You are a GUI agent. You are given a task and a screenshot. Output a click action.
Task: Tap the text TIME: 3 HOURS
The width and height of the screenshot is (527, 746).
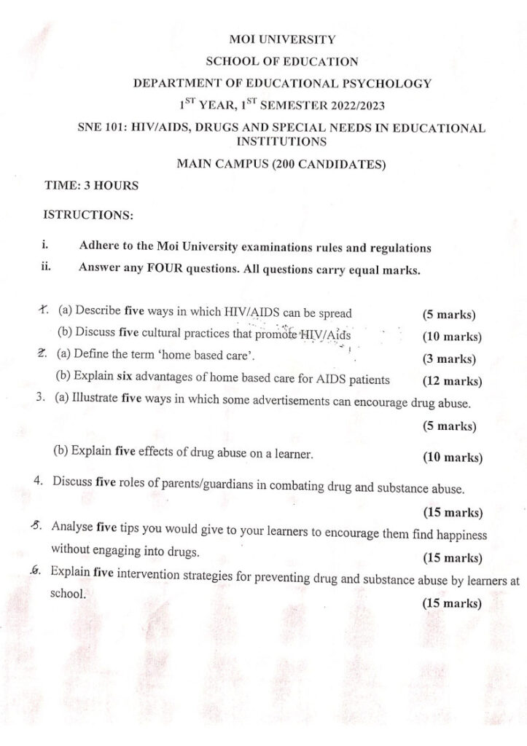pos(91,185)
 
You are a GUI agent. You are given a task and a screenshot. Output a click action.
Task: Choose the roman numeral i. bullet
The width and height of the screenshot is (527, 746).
pos(46,247)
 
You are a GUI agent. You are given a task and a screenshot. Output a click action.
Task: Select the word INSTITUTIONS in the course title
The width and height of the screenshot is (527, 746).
pos(281,141)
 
